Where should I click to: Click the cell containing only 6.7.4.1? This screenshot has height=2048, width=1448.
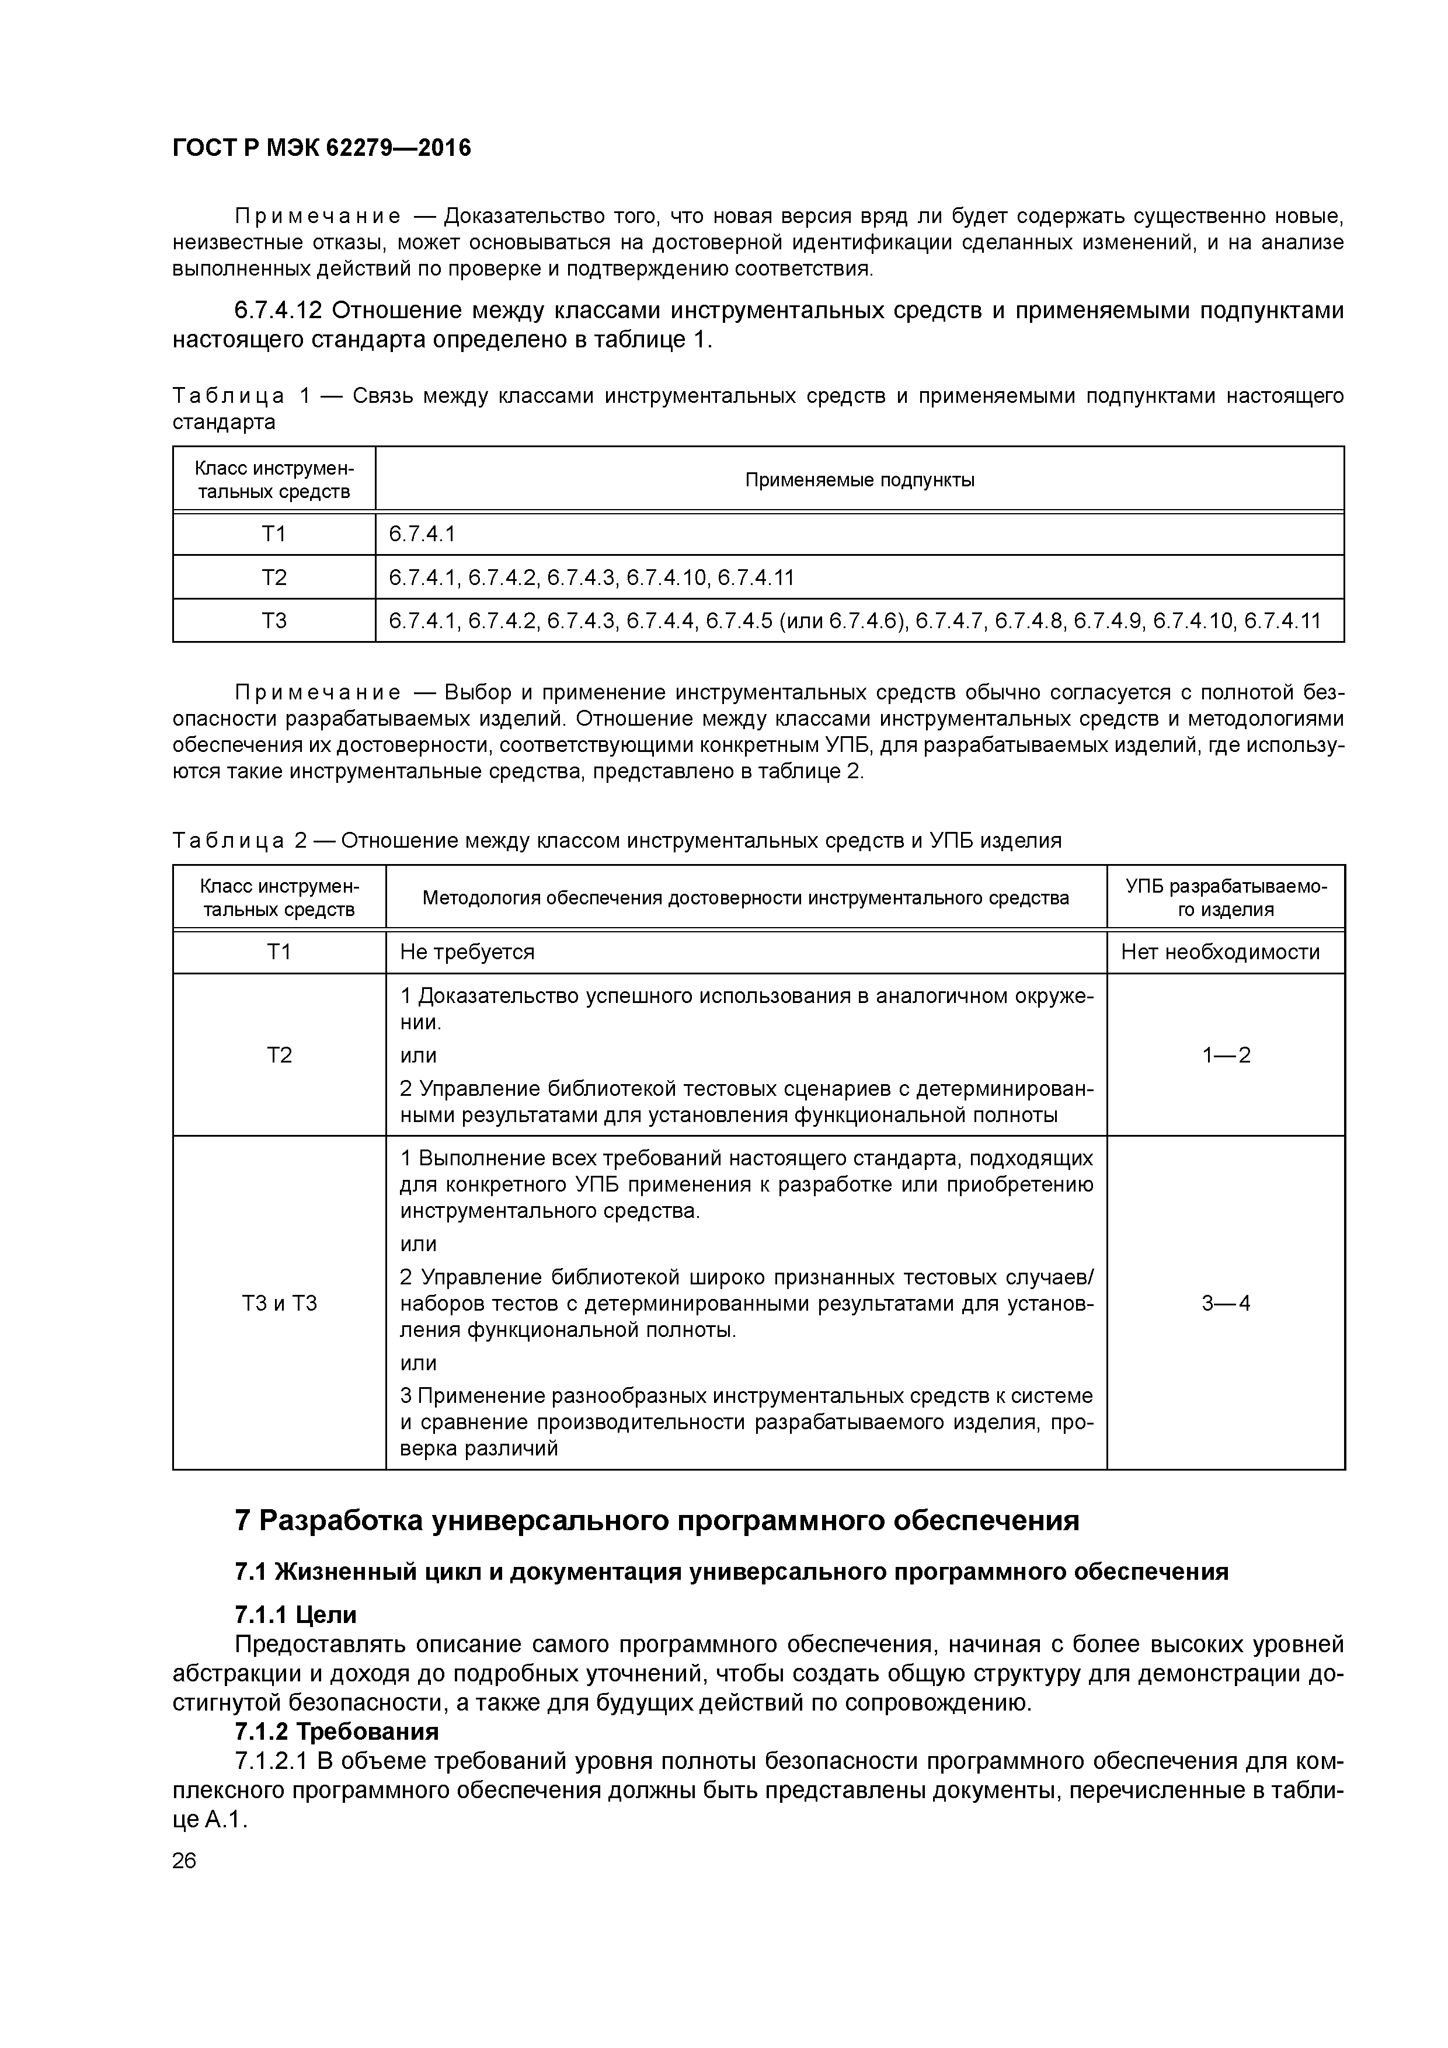[422, 534]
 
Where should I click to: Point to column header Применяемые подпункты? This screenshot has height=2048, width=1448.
[859, 480]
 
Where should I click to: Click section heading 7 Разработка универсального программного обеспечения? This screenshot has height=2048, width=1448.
[657, 1520]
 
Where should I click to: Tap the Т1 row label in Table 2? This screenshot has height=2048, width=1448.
[279, 953]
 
